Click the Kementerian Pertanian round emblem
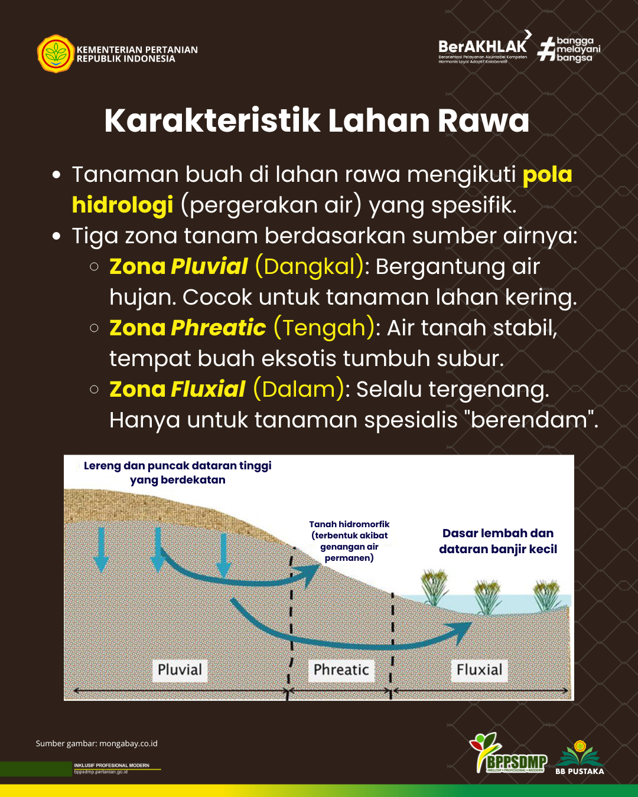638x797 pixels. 56,54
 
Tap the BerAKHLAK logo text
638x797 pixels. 482,47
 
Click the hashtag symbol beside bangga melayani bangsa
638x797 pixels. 546,49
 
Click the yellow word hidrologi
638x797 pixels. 122,205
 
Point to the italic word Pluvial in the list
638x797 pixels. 209,266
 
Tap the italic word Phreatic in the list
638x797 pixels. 218,328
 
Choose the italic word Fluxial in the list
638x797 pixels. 207,389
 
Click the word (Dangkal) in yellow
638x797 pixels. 310,266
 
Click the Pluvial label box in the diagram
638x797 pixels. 180,670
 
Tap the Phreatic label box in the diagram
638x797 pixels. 341,670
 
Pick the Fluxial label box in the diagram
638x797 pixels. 479,670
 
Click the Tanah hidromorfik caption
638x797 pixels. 349,541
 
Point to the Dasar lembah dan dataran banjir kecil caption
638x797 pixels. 498,541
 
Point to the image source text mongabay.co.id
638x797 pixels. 128,744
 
